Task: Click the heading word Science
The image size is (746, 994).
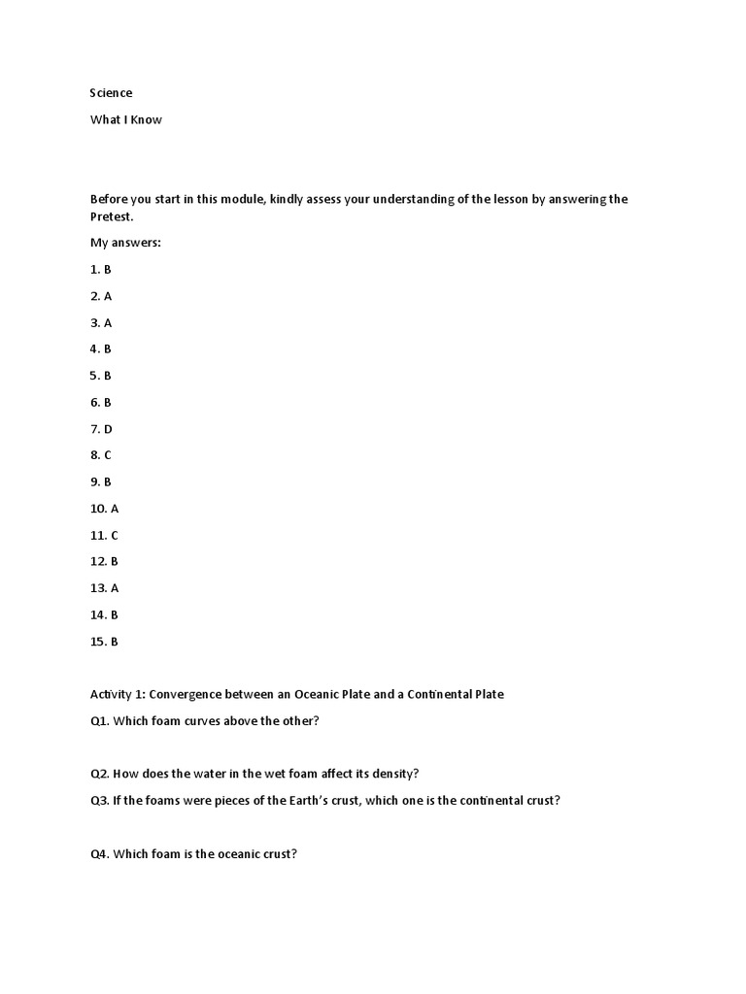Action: [x=111, y=93]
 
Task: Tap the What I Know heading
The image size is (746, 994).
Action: [x=126, y=119]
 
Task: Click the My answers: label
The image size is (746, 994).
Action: [x=125, y=243]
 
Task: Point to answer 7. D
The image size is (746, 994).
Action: [x=102, y=429]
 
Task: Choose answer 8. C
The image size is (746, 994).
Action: [x=102, y=455]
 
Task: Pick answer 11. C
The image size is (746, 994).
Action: [x=105, y=535]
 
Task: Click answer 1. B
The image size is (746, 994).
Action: [x=101, y=269]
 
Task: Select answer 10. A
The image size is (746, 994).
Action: [x=105, y=509]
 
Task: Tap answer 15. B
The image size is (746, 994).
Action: [x=105, y=642]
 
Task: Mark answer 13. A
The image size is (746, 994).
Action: [x=105, y=588]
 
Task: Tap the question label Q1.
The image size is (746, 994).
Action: [x=100, y=720]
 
